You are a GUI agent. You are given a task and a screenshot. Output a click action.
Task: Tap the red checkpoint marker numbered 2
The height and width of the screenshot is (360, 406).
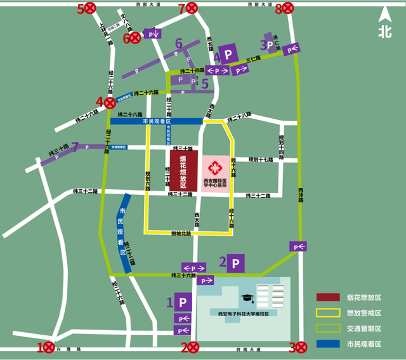tap(193, 347)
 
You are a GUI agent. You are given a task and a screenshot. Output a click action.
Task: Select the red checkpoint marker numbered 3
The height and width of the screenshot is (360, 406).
tap(301, 347)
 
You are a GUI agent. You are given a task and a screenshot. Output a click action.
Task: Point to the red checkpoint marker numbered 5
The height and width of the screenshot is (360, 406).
tap(90, 8)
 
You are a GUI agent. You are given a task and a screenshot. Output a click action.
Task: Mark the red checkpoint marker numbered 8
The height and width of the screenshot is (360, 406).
tap(288, 8)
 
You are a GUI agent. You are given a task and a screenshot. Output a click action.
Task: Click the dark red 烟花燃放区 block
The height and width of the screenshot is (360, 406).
tap(183, 170)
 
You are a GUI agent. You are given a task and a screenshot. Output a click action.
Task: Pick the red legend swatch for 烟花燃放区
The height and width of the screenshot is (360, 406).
tap(327, 297)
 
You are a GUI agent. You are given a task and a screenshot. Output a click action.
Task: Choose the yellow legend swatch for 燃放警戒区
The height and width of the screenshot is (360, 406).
tap(327, 312)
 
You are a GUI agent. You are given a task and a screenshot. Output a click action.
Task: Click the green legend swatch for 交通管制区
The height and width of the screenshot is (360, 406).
tap(327, 328)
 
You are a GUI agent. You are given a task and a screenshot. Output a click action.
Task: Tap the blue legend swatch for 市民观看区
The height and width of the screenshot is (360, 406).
tap(327, 344)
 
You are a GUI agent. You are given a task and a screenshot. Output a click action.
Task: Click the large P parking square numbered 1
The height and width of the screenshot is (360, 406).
tap(184, 302)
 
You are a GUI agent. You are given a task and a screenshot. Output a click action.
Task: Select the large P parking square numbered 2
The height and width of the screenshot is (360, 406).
tap(237, 262)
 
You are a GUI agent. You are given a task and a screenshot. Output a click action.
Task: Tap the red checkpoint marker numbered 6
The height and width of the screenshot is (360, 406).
tap(135, 37)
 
